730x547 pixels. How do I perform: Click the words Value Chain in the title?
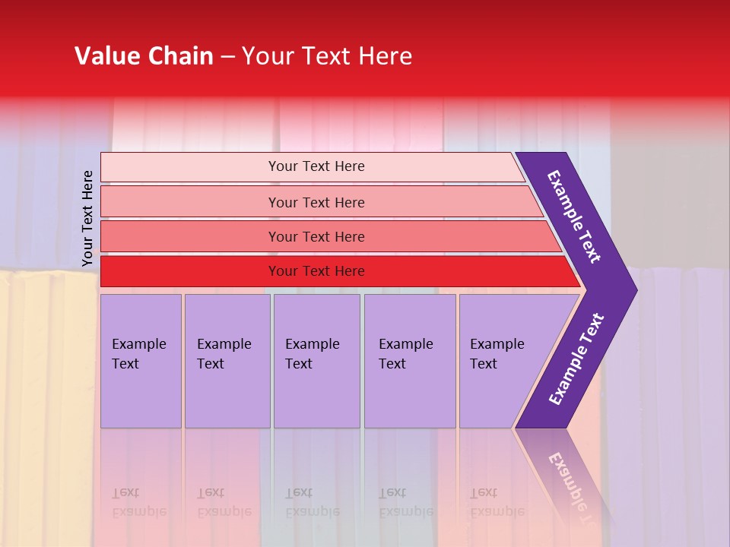144,56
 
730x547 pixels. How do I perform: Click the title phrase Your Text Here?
327,56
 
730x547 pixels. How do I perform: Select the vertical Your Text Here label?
87,219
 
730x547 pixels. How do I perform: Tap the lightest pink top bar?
190,167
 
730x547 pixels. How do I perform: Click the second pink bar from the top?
190,202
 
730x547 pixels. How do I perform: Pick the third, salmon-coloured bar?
190,236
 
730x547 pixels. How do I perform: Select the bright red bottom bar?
190,271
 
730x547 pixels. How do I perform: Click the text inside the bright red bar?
316,271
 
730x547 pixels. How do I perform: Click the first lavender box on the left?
141,362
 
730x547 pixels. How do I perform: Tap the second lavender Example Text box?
227,362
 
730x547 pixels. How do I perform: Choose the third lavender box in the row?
316,362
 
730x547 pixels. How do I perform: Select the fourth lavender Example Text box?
409,362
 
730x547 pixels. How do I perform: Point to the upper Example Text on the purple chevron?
574,217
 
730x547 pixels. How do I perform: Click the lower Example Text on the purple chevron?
576,359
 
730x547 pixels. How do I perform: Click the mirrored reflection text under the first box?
138,502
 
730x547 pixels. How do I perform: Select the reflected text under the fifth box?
497,502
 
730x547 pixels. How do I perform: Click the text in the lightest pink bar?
316,166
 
